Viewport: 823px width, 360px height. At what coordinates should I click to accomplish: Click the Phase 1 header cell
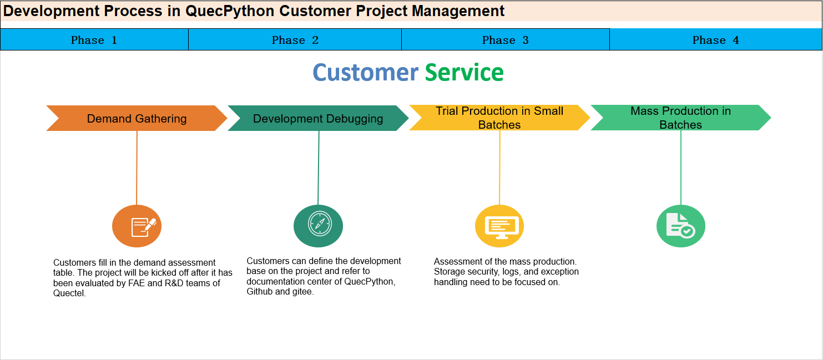pyautogui.click(x=94, y=40)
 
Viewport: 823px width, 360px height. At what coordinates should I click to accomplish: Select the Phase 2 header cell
pyautogui.click(x=295, y=40)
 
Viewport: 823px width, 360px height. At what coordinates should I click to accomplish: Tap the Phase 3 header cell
pyautogui.click(x=506, y=40)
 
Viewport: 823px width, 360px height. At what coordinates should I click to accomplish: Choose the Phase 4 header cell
pyautogui.click(x=716, y=40)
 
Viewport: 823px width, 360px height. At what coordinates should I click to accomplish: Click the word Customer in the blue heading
pyautogui.click(x=366, y=72)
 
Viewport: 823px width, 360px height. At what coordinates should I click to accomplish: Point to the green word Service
pyautogui.click(x=464, y=72)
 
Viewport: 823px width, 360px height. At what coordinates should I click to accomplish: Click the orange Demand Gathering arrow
pyautogui.click(x=137, y=118)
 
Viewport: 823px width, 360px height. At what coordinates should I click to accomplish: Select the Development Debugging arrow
pyautogui.click(x=318, y=118)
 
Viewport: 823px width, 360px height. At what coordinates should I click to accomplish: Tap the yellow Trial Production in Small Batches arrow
pyautogui.click(x=499, y=118)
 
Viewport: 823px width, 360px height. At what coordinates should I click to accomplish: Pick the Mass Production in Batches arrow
pyautogui.click(x=681, y=118)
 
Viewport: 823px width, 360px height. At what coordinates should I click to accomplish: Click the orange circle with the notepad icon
pyautogui.click(x=137, y=226)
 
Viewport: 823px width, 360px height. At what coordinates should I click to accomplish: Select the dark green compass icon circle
pyautogui.click(x=318, y=226)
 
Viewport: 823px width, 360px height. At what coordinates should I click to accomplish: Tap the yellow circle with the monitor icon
pyautogui.click(x=499, y=226)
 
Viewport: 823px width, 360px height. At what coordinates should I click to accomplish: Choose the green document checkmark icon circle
pyautogui.click(x=681, y=226)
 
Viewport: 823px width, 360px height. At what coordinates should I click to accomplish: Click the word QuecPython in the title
pyautogui.click(x=230, y=12)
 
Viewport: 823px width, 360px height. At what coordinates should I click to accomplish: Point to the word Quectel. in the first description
pyautogui.click(x=69, y=293)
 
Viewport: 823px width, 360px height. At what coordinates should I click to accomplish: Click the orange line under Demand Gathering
pyautogui.click(x=137, y=168)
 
